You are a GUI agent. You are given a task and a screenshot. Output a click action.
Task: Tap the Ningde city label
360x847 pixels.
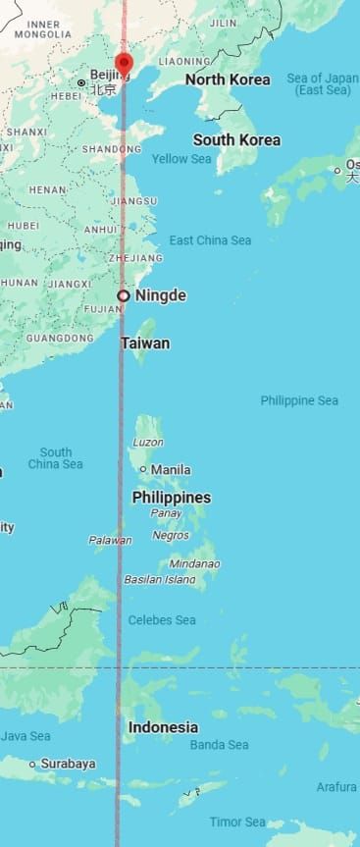point(160,295)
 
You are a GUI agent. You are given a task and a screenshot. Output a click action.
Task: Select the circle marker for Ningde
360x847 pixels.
point(124,295)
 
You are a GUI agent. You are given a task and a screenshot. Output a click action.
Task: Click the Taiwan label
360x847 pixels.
point(145,344)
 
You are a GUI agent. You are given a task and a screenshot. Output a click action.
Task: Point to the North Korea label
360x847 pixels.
point(228,79)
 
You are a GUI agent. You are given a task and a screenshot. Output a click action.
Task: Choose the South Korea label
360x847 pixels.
point(236,140)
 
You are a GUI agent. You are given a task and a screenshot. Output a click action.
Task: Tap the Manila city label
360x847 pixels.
point(171,470)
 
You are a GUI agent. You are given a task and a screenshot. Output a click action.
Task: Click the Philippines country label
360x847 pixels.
point(171,498)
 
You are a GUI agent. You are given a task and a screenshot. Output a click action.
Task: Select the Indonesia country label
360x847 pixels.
point(162,727)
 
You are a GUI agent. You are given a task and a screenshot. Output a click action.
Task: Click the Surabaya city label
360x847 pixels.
point(68,764)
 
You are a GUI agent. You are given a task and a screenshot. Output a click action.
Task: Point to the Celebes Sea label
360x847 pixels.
point(162,620)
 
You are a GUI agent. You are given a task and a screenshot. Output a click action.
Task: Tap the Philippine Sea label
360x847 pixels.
point(299,400)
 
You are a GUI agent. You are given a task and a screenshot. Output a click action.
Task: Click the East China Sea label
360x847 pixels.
point(210,240)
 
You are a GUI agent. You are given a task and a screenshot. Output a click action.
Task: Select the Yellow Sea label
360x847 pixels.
point(181,159)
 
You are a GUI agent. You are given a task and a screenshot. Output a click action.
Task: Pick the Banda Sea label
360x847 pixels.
point(219,745)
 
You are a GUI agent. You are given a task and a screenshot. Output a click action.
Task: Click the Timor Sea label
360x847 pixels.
point(237,822)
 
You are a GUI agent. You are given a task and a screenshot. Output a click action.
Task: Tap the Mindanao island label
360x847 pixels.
point(194,564)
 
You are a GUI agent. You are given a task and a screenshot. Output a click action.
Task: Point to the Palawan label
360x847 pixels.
point(110,541)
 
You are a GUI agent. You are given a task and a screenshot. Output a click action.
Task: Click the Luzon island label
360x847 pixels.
point(147,443)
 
